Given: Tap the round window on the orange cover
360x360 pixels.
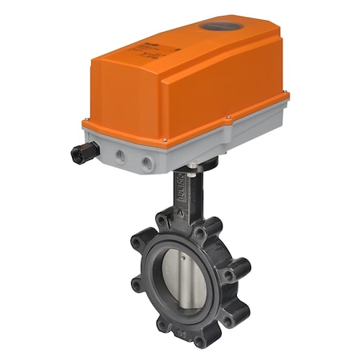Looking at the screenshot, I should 214,27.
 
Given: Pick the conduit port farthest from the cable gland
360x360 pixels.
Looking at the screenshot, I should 147,162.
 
